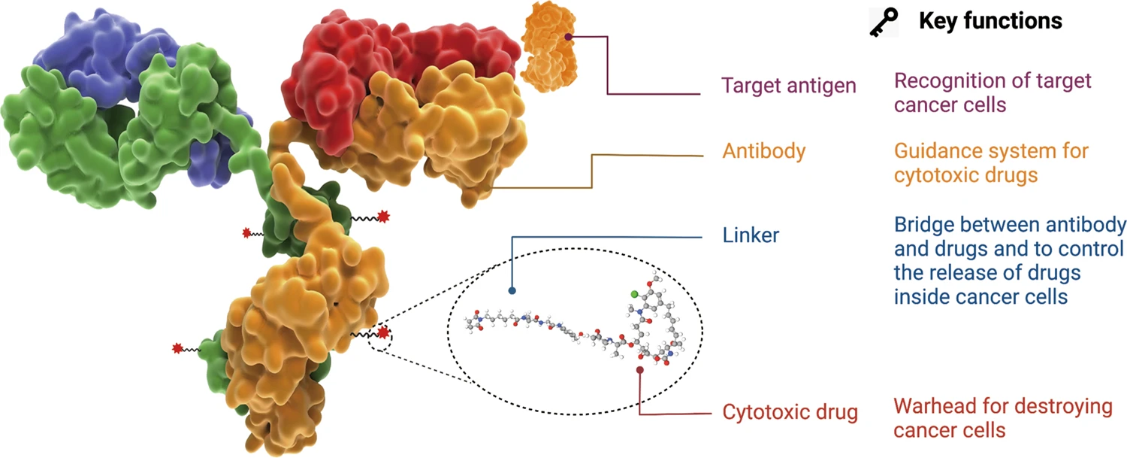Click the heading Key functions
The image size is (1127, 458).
[x=990, y=21]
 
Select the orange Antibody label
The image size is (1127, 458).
[x=763, y=151]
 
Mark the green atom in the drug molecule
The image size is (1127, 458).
[x=634, y=294]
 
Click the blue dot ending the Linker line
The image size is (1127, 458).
[x=512, y=290]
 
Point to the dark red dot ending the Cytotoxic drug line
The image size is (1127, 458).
[x=639, y=369]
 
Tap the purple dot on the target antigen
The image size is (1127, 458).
[x=569, y=35]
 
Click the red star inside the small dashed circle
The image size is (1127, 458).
[x=383, y=332]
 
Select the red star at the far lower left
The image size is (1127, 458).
[x=178, y=348]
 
